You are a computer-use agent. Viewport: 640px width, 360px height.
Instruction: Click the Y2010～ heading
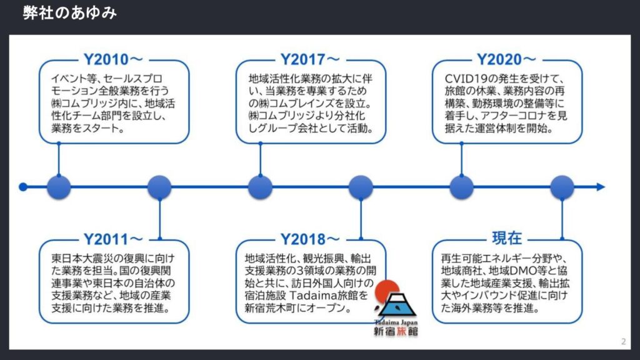click(x=113, y=59)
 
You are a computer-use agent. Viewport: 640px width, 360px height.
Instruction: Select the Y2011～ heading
click(x=113, y=239)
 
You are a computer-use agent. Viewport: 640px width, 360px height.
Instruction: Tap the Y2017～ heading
click(x=310, y=59)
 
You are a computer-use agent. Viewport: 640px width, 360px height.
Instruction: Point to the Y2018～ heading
click(x=310, y=239)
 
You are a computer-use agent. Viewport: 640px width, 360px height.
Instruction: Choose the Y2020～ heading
click(x=506, y=59)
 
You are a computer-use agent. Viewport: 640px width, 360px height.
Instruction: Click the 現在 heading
click(x=507, y=238)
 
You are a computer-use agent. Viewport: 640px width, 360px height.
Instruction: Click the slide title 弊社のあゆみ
click(x=70, y=13)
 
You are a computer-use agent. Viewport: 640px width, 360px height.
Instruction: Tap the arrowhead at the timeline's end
click(x=601, y=187)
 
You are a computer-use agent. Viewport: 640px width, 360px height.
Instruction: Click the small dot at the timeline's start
click(x=23, y=187)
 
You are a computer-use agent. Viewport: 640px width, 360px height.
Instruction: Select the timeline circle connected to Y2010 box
click(x=59, y=187)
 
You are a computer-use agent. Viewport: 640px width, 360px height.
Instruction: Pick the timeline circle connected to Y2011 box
click(x=159, y=187)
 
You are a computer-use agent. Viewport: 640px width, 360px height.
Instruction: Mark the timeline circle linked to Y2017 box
click(x=261, y=187)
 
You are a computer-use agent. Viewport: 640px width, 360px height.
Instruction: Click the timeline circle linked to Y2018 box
click(x=361, y=187)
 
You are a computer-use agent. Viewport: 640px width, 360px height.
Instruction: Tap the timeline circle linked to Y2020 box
click(x=462, y=187)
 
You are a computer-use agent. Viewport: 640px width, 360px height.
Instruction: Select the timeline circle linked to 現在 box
click(x=562, y=187)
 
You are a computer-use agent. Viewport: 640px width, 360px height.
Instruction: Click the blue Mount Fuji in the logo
click(x=397, y=306)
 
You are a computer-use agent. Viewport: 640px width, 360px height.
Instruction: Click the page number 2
click(x=623, y=342)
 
